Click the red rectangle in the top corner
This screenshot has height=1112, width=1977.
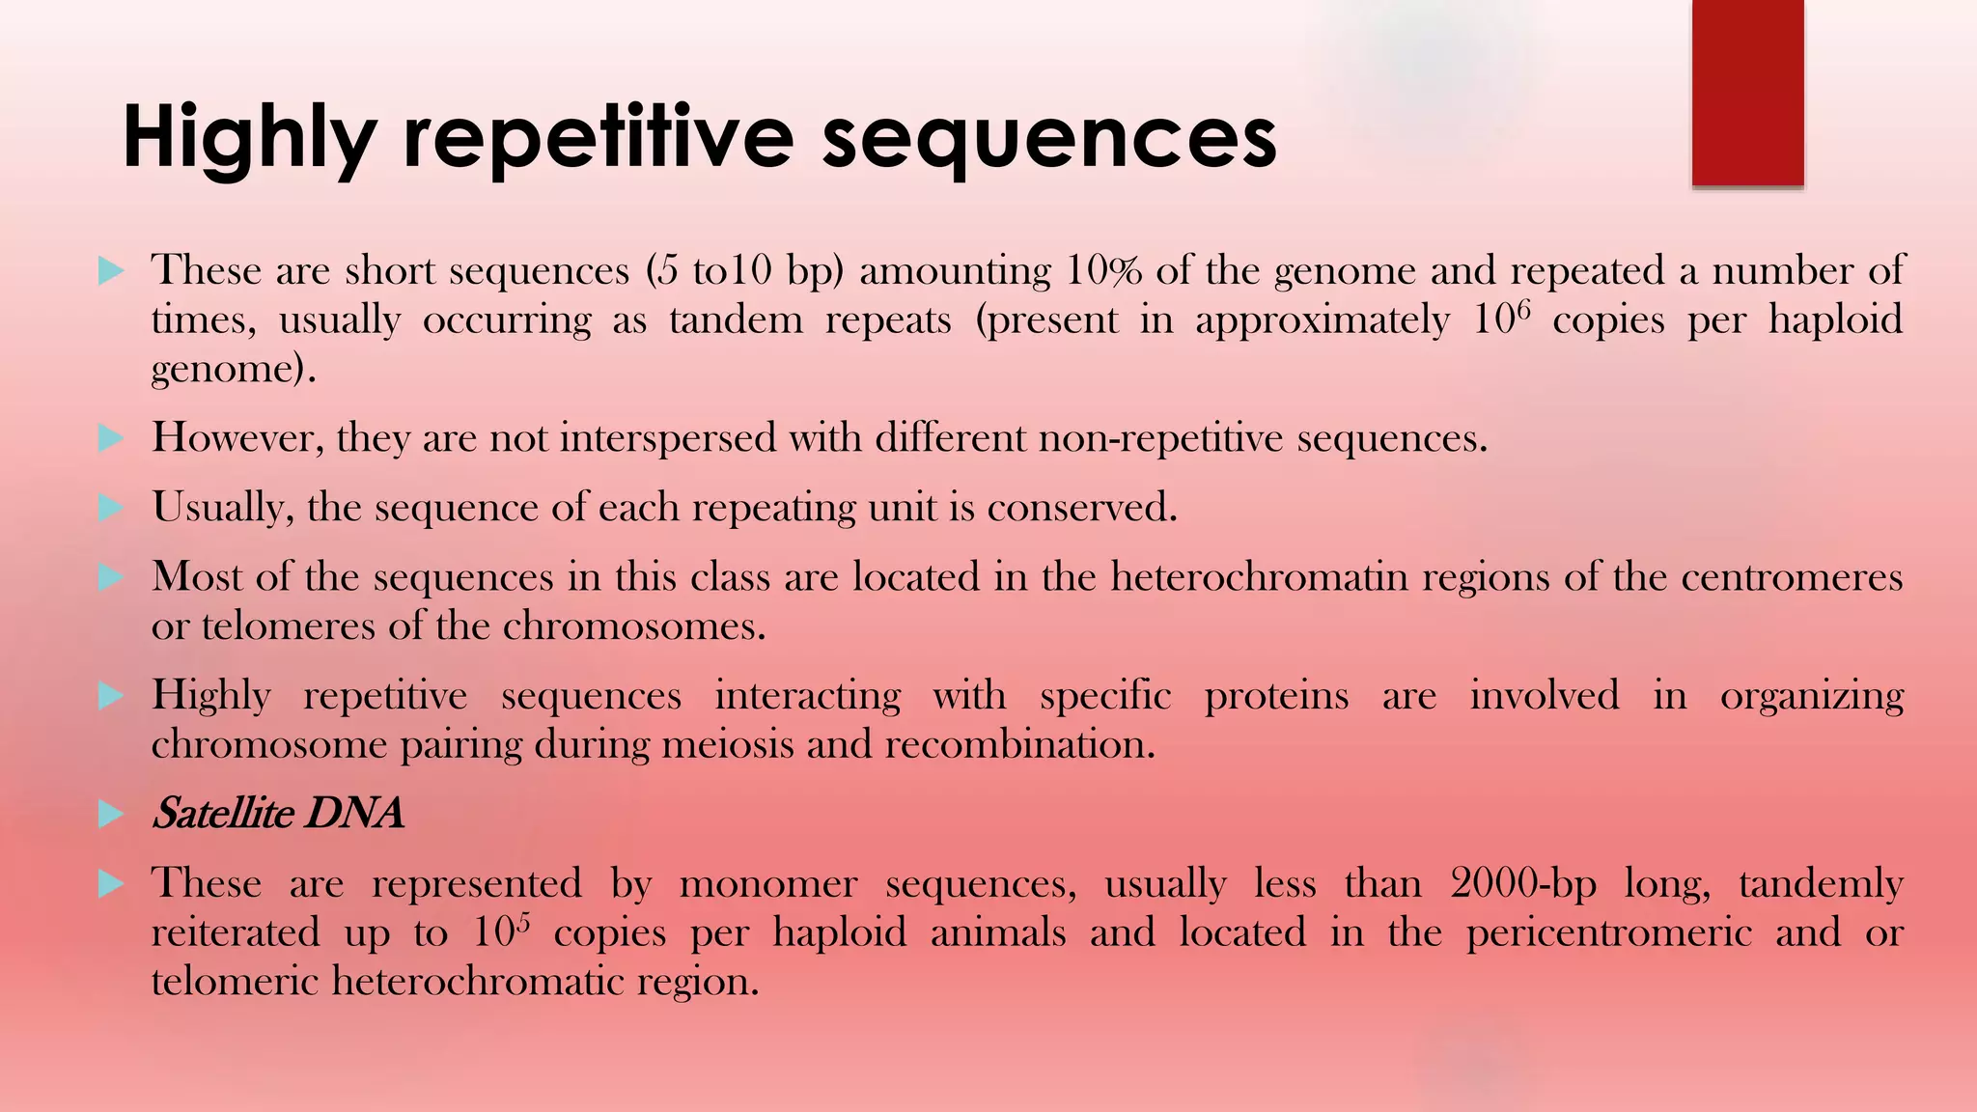click(x=1747, y=93)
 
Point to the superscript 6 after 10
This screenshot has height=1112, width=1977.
click(x=1524, y=310)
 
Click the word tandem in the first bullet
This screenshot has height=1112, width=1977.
click(x=736, y=320)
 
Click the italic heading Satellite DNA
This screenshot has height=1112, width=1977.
click(x=278, y=814)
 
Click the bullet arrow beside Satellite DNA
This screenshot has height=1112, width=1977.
click(x=111, y=815)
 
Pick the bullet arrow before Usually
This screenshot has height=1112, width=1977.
click(x=111, y=508)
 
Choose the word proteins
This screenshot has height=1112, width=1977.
click(x=1275, y=696)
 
